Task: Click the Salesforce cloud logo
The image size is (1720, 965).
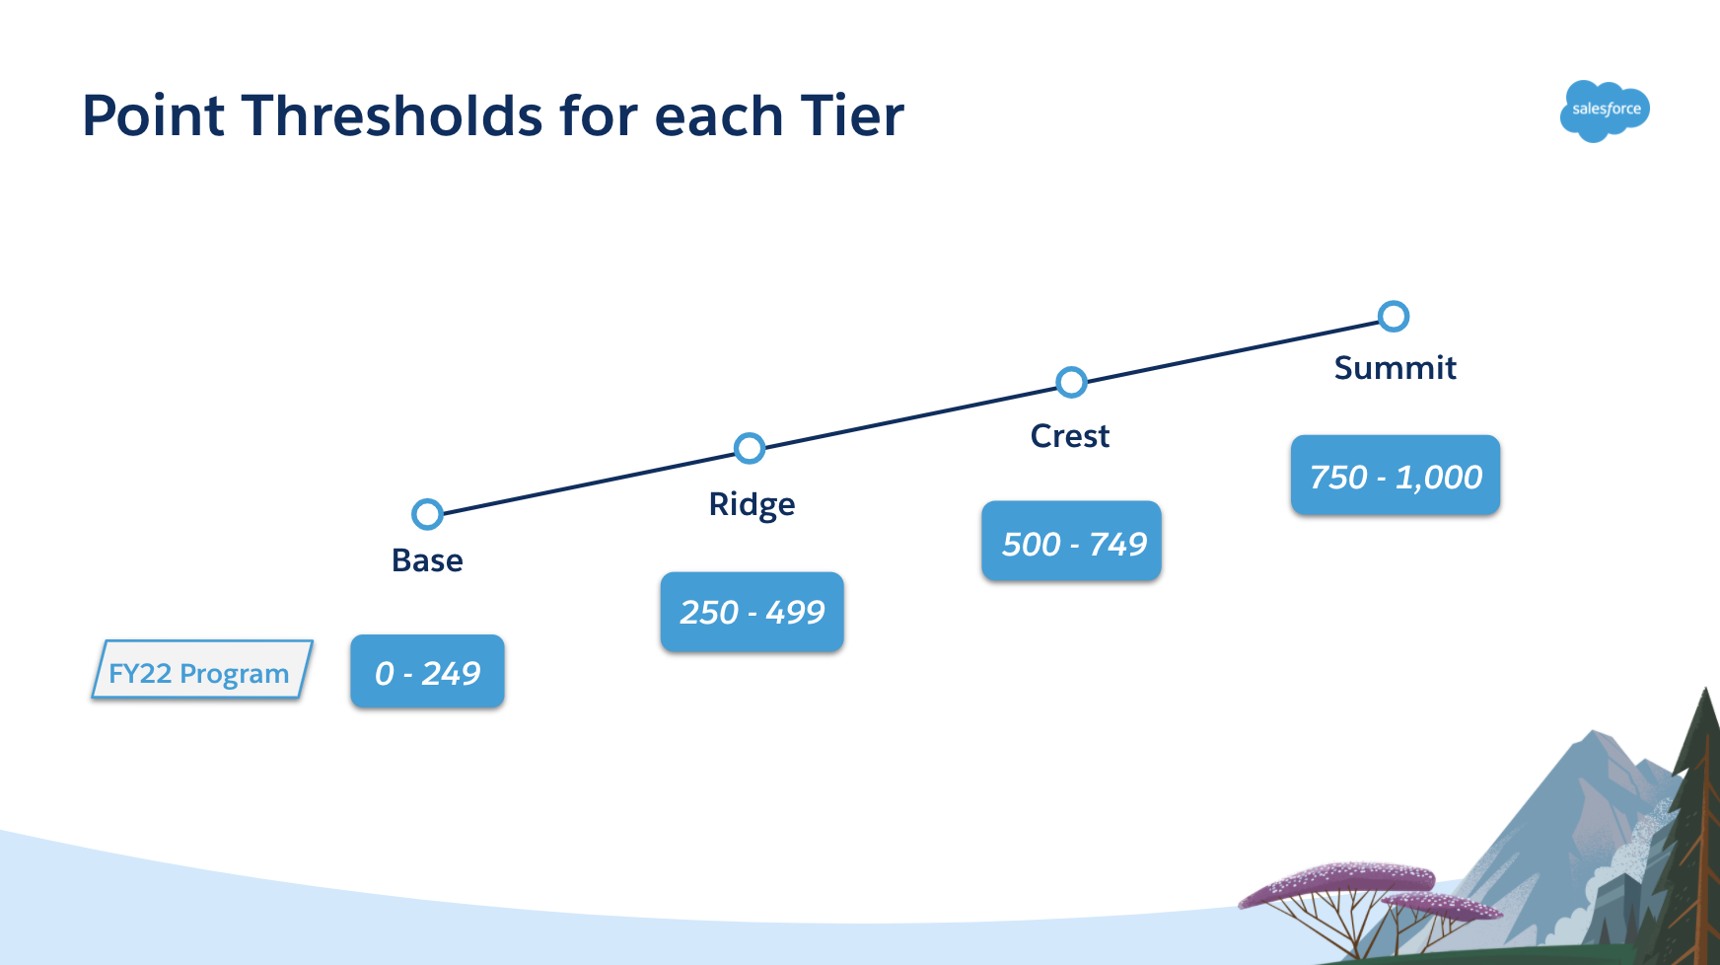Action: [1605, 111]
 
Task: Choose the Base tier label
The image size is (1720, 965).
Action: [427, 560]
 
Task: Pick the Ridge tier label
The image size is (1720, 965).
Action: [752, 505]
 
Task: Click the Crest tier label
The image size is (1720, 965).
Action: [1070, 436]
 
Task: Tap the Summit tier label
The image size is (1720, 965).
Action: [1395, 368]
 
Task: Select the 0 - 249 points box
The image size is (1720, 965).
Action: [427, 672]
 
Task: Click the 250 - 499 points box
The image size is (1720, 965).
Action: [752, 612]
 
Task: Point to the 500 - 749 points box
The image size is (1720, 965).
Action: [1071, 542]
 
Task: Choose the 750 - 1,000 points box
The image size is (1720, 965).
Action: [1395, 476]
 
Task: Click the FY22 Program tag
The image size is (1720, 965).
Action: [201, 670]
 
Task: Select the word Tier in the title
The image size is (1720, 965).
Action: [851, 115]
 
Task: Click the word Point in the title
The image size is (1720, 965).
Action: [153, 115]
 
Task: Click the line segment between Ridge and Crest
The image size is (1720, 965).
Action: [910, 415]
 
